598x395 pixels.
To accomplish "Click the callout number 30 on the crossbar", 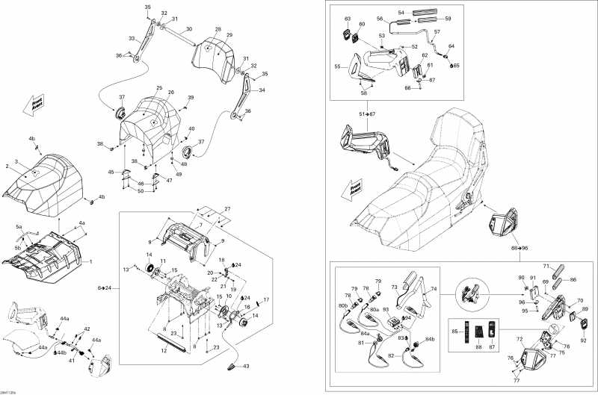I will pos(188,29).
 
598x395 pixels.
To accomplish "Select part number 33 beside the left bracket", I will pos(132,38).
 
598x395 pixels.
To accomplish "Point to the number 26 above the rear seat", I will pos(171,93).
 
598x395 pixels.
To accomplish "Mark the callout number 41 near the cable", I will pos(73,360).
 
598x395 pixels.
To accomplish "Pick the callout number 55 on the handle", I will pos(337,66).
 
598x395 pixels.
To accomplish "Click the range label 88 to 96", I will pos(519,247).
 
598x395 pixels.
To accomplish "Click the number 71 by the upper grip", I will pos(545,267).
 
